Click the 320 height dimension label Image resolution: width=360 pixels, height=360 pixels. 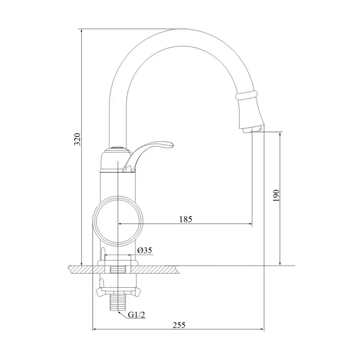(x=79, y=139)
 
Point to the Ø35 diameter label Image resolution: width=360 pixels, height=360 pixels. (x=144, y=250)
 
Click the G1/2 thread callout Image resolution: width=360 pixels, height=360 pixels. (x=136, y=315)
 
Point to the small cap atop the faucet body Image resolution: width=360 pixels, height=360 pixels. (x=117, y=148)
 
